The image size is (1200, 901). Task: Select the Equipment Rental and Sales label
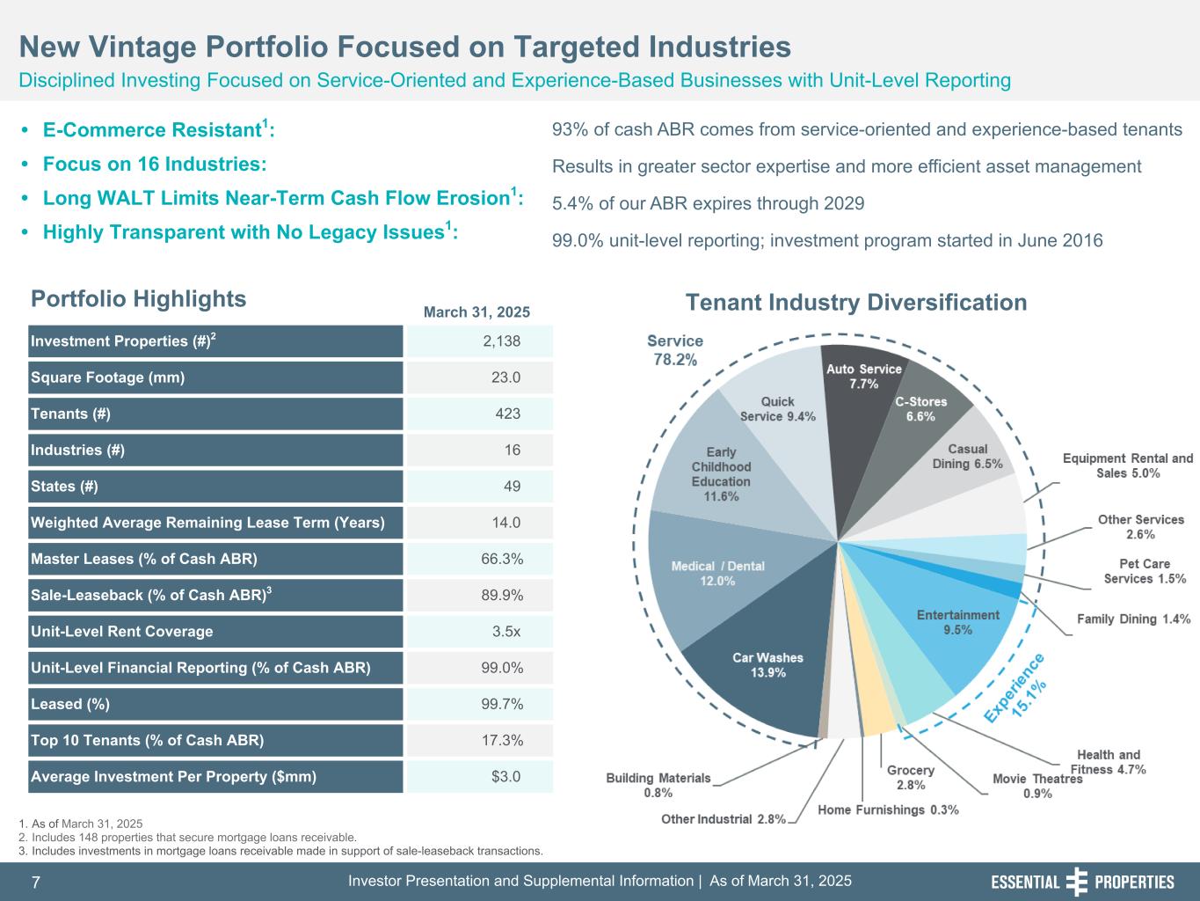tap(1128, 465)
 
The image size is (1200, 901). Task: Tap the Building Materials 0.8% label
tap(658, 785)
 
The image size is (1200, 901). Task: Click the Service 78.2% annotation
tap(675, 349)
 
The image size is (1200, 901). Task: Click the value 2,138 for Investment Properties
tap(501, 341)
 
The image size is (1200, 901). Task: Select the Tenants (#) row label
tap(71, 414)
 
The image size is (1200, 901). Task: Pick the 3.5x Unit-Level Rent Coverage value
tap(505, 632)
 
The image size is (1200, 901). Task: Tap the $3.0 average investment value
tap(505, 777)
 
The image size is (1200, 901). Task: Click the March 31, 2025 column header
tap(476, 312)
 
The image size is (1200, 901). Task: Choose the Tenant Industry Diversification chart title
tap(855, 303)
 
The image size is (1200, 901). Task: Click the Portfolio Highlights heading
tap(139, 299)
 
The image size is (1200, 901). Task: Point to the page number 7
tap(36, 883)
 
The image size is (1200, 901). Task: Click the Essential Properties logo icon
tap(1076, 882)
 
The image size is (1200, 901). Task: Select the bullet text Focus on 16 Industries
tap(155, 165)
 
